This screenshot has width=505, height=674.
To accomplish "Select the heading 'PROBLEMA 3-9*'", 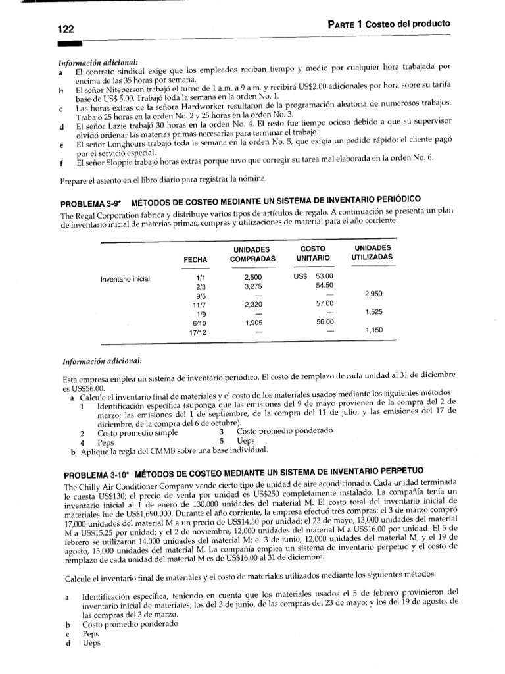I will tap(92, 199).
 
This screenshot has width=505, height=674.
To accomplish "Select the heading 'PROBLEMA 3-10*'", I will tap(94, 473).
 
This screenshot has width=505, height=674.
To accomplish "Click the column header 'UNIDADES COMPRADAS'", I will tap(252, 255).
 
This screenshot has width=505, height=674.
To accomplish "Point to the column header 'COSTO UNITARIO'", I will tap(313, 255).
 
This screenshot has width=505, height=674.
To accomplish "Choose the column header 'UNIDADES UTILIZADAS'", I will tap(373, 251).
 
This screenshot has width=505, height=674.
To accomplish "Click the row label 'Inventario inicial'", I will tap(125, 278).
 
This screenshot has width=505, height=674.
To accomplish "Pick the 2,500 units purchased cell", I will tap(254, 277).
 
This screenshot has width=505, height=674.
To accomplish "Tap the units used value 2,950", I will tap(373, 294).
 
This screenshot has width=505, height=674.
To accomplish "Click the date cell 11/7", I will tap(196, 305).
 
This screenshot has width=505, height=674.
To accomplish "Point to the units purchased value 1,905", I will tap(254, 323).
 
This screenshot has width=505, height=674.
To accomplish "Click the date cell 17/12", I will tap(196, 332).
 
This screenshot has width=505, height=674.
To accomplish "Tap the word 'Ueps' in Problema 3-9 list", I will tap(245, 442).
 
